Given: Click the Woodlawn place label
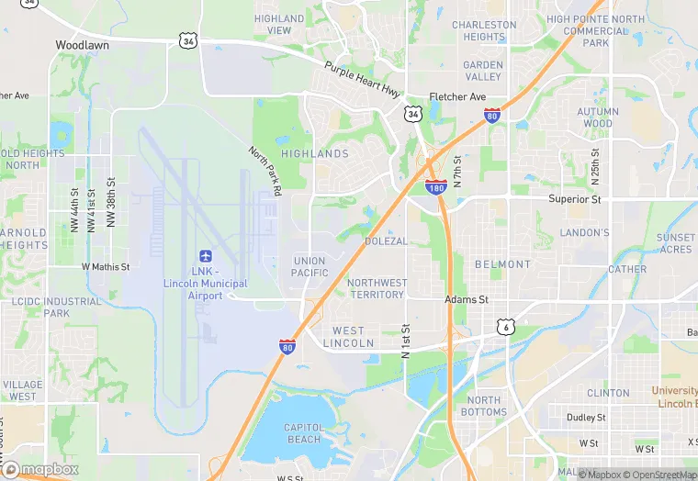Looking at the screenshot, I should (x=83, y=44).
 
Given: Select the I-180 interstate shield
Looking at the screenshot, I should (x=436, y=187).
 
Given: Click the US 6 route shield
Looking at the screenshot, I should (x=504, y=326).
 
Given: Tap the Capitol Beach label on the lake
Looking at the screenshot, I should (x=302, y=433).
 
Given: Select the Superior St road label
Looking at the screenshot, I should (x=574, y=198).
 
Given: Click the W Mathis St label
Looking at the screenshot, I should (x=106, y=267).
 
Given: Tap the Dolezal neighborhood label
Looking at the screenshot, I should (x=385, y=240).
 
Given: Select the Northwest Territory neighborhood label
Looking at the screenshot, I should (x=377, y=288).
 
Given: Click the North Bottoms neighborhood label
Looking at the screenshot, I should (x=485, y=406).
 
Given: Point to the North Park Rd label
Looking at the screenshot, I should (x=265, y=171).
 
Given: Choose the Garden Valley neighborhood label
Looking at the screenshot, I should (x=483, y=71).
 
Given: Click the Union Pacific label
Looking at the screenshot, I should (x=310, y=267).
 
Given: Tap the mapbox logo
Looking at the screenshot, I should (x=41, y=468).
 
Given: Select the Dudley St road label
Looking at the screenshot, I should (x=585, y=417).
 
